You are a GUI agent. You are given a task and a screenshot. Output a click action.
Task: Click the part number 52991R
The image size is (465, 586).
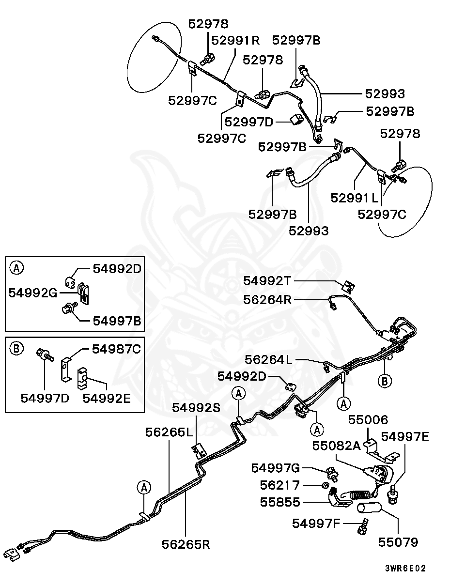tap(235, 40)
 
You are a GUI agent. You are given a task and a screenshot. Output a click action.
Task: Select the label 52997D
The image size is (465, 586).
tap(249, 122)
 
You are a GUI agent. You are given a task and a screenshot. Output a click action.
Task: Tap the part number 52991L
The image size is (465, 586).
tap(355, 198)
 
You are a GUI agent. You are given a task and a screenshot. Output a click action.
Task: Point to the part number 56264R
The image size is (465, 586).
tap(267, 300)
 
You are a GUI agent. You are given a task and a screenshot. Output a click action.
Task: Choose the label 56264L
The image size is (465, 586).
tap(269, 359)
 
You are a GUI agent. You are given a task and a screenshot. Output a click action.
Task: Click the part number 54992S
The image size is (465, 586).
tap(196, 408)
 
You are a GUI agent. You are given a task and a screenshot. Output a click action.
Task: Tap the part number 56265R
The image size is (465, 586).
tap(186, 544)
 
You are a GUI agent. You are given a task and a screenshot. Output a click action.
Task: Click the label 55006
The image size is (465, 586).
tap(371, 419)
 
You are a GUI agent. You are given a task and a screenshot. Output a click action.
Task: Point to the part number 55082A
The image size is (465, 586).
tap(337, 446)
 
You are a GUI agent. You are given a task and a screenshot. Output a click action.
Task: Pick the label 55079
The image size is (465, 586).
tap(398, 542)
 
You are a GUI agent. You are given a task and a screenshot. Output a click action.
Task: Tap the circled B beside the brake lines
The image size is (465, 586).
tap(385, 381)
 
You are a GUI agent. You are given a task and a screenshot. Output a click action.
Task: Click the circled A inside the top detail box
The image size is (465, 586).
tap(16, 267)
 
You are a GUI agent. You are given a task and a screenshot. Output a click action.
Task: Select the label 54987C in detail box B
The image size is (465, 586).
tap(110, 349)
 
